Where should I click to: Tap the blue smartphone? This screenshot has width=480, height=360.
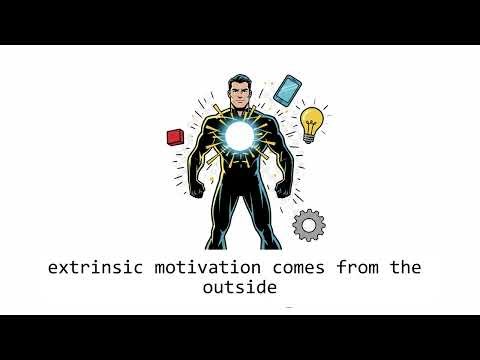288,90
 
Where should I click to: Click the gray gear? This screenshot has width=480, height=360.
307,225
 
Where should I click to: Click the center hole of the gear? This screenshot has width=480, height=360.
307,225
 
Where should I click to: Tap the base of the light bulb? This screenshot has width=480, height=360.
310,138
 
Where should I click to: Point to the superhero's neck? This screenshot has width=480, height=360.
238,113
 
